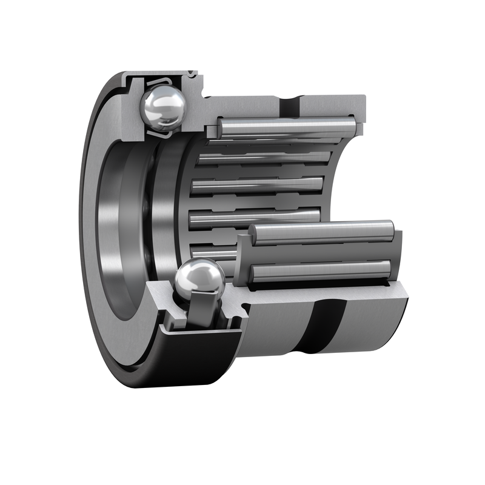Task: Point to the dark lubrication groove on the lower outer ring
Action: coord(324,327)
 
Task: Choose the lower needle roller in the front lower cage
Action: coord(321,271)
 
